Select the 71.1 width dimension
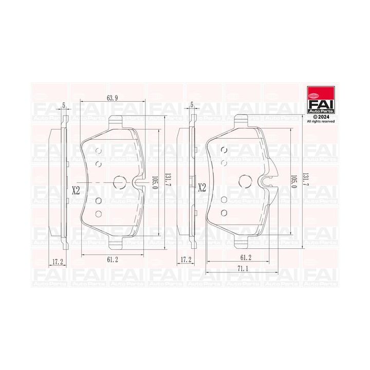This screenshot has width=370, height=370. click(244, 269)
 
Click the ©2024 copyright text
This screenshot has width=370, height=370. click(321, 117)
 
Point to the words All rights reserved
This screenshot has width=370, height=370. click(321, 122)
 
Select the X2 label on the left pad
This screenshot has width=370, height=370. click(76, 190)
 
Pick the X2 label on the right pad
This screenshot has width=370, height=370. click(201, 188)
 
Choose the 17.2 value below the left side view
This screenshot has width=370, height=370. click(58, 262)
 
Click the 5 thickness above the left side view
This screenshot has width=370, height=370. click(64, 105)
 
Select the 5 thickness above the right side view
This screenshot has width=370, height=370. click(191, 105)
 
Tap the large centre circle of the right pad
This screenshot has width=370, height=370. click(246, 181)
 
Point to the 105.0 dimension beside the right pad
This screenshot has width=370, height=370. click(294, 181)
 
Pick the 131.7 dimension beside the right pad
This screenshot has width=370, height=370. click(307, 181)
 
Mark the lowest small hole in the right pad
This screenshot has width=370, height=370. click(224, 212)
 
